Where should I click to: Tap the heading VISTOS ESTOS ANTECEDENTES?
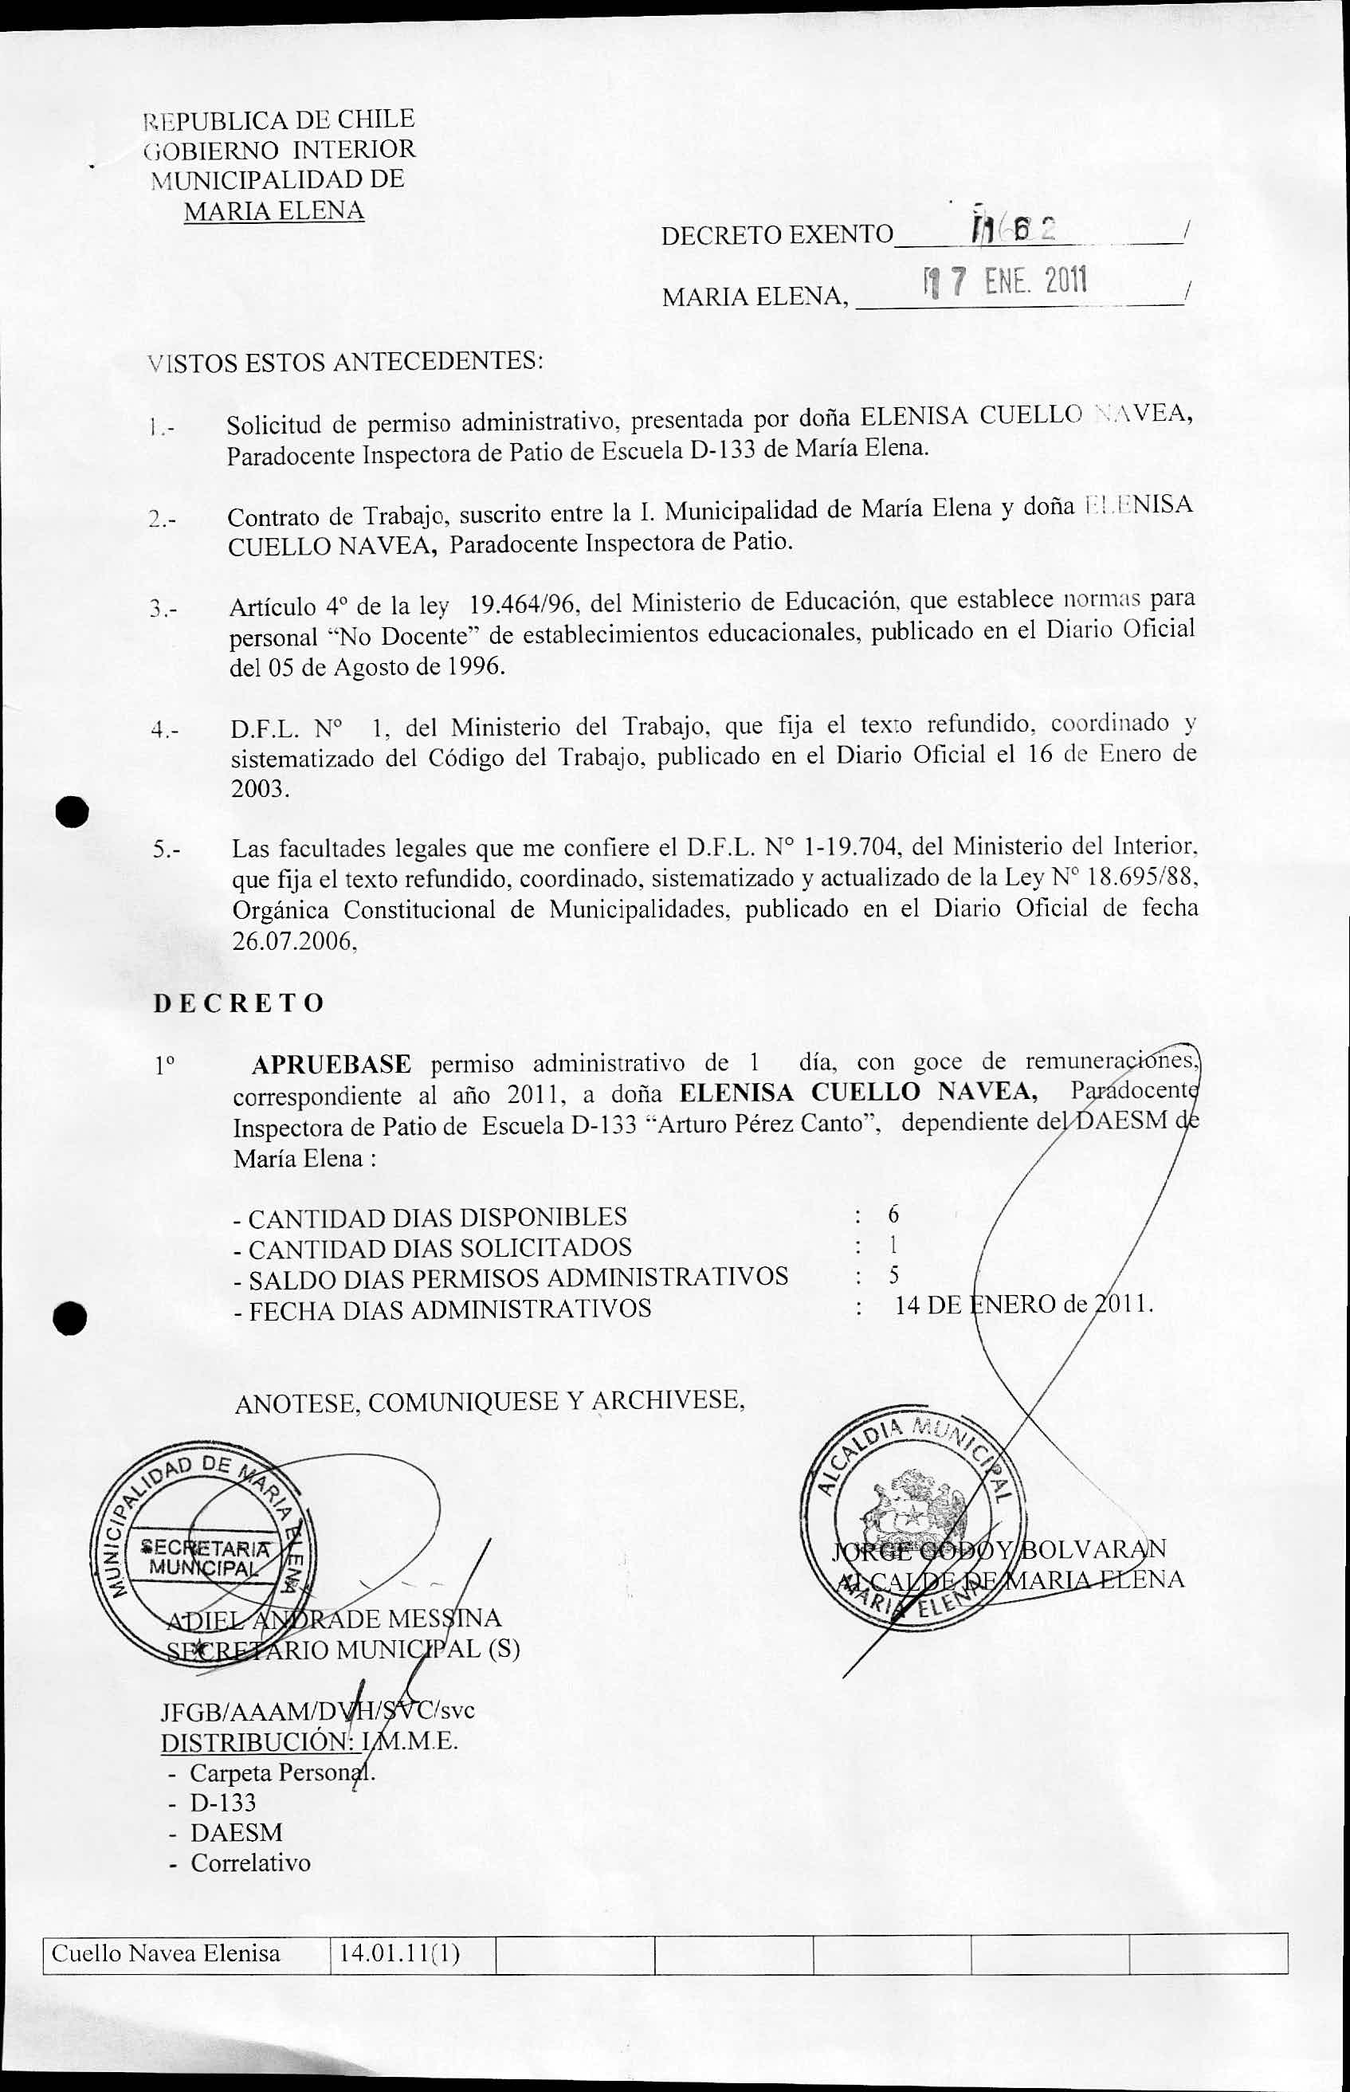click(345, 361)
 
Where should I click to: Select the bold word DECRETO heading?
click(238, 1003)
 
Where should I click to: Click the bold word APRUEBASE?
click(331, 1065)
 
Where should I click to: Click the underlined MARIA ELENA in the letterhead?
click(273, 211)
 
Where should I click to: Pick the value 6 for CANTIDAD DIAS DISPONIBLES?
click(893, 1214)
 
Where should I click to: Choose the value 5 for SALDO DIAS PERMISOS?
click(893, 1274)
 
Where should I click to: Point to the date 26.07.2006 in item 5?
click(292, 941)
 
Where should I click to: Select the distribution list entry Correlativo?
click(251, 1862)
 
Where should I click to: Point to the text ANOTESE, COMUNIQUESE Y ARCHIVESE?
click(489, 1401)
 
